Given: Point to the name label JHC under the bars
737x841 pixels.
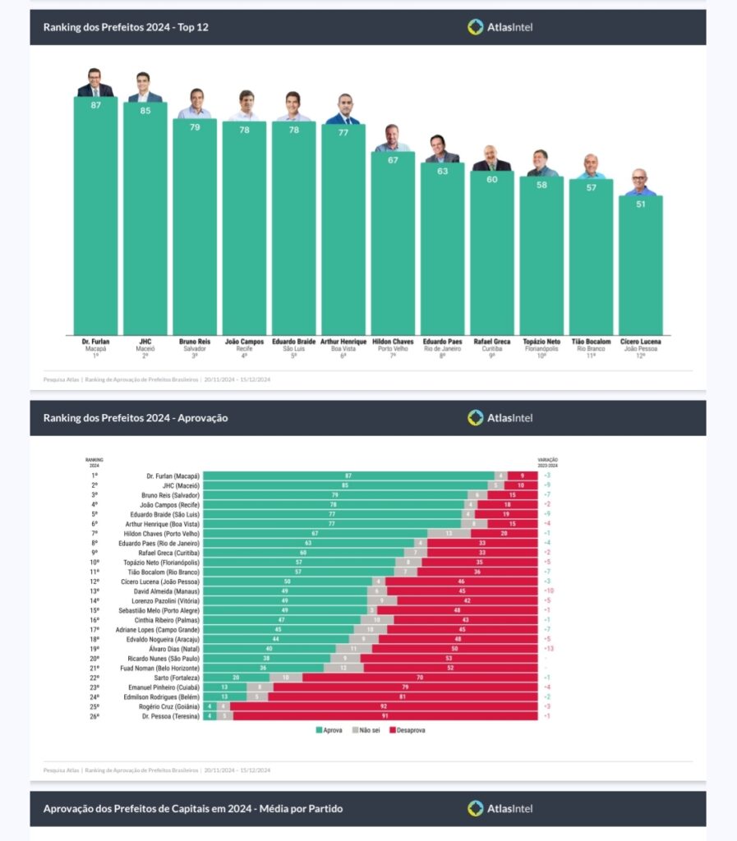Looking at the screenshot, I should coord(145,341).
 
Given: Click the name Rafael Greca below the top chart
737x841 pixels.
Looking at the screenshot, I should coord(491,341).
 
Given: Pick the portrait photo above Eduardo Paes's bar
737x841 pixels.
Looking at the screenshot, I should coord(442,149).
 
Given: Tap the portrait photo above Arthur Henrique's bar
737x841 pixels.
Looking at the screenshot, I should coord(343,109).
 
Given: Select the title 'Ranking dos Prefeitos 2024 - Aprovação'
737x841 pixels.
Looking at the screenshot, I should coord(136,418).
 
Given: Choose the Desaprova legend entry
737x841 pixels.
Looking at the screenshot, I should coord(407,729).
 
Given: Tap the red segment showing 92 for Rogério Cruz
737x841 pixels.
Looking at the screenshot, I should coord(384,706).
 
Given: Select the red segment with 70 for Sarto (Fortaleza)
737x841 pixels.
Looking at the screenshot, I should coord(420,678).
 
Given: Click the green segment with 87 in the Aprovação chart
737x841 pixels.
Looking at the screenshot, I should coord(348,476).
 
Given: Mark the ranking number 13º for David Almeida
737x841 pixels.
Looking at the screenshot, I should coord(94,591).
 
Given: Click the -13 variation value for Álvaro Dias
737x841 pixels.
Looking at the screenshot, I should coord(547,649).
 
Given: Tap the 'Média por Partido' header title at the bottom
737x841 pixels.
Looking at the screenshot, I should coord(192,809).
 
